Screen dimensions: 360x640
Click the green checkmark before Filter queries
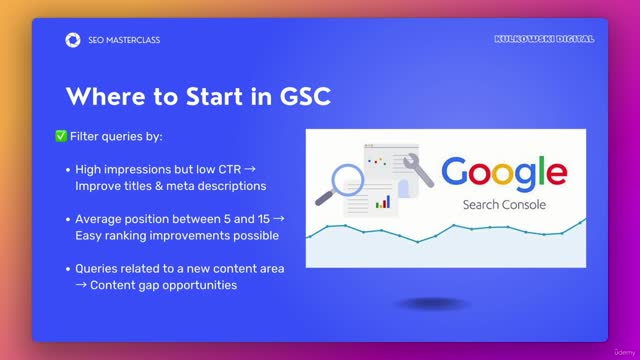(61, 135)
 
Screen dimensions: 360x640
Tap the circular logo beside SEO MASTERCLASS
(71, 40)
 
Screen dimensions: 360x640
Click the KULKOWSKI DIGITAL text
(544, 39)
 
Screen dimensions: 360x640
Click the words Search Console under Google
(510, 204)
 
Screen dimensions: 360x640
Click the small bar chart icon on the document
(381, 202)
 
